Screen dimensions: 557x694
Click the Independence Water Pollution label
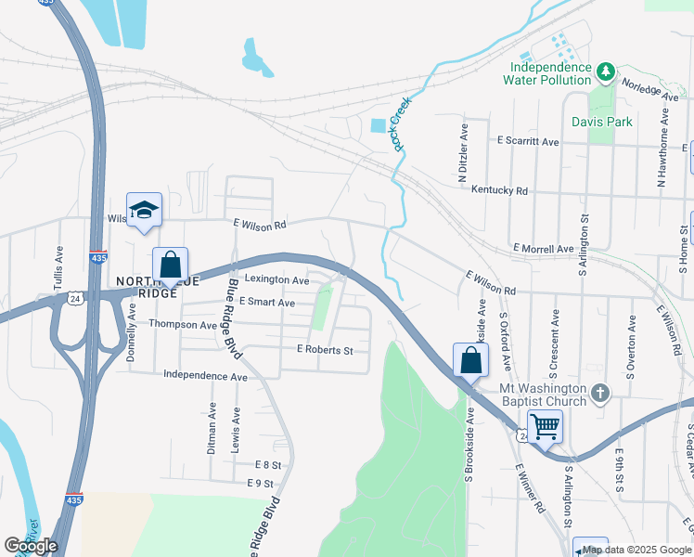546,73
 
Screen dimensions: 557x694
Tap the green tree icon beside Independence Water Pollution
606,71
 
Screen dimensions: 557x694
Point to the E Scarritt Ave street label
528,142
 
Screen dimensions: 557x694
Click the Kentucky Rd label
499,190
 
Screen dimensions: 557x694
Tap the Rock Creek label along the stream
399,128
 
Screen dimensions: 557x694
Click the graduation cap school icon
145,211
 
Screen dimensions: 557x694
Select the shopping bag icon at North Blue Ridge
171,266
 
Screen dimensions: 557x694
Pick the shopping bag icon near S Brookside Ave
470,360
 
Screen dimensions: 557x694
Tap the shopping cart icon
546,427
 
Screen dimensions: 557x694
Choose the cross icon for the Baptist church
600,393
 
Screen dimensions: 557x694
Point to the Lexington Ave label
276,279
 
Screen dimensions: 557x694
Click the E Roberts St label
325,350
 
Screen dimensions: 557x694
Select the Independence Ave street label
205,376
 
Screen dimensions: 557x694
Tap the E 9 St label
260,484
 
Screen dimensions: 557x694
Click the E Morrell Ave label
543,249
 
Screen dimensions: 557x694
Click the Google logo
31,546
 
